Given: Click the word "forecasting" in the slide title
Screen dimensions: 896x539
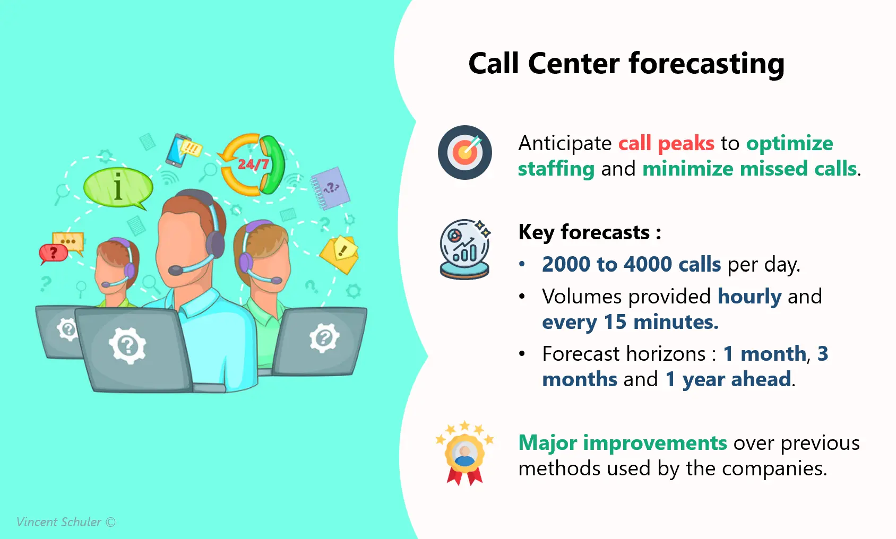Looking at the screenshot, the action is click(707, 64).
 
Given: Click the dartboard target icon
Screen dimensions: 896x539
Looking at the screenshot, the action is click(465, 152).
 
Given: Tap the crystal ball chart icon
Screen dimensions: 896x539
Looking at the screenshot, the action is click(464, 249).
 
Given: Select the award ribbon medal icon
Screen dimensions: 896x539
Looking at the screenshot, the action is click(465, 453).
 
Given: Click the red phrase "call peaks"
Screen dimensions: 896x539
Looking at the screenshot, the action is click(666, 144).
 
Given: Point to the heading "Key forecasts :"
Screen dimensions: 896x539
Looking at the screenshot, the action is click(590, 232).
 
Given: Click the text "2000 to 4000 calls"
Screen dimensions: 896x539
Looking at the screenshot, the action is click(631, 264).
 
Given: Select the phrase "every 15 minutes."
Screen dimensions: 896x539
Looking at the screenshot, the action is click(630, 322).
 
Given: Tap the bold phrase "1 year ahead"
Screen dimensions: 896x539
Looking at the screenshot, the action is click(728, 379).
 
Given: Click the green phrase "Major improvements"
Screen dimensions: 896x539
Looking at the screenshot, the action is click(623, 442).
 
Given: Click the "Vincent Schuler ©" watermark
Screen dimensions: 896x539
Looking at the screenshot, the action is click(66, 522).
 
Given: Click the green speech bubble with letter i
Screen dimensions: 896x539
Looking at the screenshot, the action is click(118, 188).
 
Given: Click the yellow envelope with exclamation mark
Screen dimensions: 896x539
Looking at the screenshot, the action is click(339, 254).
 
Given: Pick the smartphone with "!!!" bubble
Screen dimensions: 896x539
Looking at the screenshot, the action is click(182, 150).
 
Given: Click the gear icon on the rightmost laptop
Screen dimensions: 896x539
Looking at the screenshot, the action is click(324, 337).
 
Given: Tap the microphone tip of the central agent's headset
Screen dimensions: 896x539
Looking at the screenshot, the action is click(175, 271).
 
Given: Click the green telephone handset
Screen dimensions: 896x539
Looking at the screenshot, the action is click(272, 164).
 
